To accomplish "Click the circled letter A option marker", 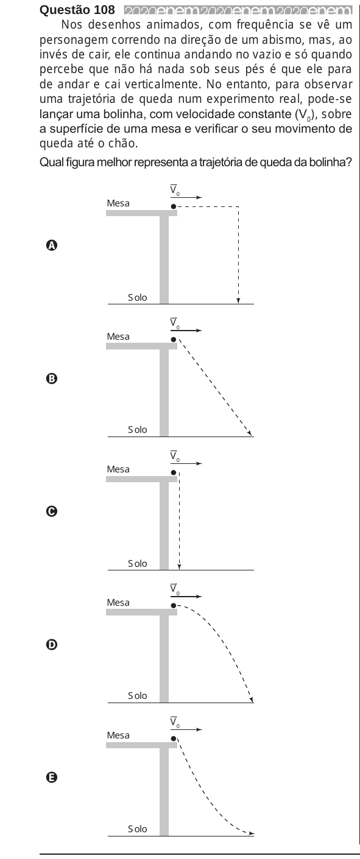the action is pos(51,245).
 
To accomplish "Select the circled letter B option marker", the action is pos(51,379).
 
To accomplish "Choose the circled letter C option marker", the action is pos(51,511).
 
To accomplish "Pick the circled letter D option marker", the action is pos(51,645).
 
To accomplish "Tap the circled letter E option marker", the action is pos(51,777).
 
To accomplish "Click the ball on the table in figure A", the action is pos(174,206).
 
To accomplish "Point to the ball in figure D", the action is pos(174,606).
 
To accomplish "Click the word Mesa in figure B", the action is pos(118,336).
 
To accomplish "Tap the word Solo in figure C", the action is pos(138,563).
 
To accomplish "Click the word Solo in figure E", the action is pos(138,829).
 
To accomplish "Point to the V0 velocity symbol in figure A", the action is pos(175,190).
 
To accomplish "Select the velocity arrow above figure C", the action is pos(186,463).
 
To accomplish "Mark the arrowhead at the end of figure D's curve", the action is pos(251,699).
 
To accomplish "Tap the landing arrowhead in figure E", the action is pos(251,833).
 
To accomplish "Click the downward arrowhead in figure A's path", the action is pos(238,300).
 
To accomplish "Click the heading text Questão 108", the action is pos(77,10).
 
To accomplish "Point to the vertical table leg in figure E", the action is pos(164,791).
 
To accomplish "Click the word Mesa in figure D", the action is pos(118,603).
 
